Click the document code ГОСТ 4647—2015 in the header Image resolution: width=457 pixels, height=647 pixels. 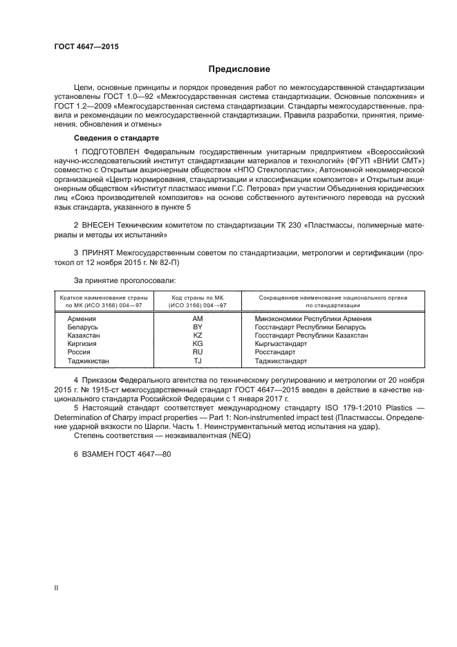(x=86, y=47)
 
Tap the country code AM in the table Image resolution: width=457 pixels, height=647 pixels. (x=197, y=318)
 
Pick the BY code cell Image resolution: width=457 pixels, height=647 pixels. (x=197, y=327)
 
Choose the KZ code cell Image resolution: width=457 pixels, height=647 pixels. (x=197, y=335)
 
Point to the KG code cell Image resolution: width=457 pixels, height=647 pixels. (x=197, y=343)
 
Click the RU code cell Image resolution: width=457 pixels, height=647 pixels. (x=197, y=352)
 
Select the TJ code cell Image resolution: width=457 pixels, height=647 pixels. (x=197, y=361)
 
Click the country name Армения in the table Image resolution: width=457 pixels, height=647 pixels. (x=82, y=318)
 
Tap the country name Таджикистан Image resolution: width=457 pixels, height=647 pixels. (x=88, y=361)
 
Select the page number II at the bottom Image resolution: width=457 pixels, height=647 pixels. (x=57, y=587)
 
